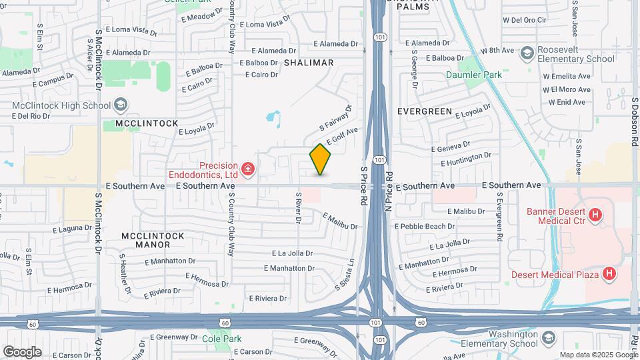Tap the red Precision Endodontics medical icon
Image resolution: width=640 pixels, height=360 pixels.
[249, 169]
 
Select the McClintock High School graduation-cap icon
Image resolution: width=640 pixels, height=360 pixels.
[121, 105]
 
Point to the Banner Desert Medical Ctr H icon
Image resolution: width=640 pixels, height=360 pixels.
[595, 215]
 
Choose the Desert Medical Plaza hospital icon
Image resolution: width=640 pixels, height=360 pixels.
[608, 274]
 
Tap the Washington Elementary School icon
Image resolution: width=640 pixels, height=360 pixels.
[547, 339]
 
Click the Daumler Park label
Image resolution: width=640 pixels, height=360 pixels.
[474, 75]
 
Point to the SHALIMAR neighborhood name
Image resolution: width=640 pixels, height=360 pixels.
[308, 63]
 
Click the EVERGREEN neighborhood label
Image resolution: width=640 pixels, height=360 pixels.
[425, 111]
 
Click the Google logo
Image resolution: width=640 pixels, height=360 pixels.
[22, 351]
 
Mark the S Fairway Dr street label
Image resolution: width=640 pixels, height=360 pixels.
[335, 117]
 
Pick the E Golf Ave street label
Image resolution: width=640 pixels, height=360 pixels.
[343, 137]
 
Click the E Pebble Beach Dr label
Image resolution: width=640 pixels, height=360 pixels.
[425, 227]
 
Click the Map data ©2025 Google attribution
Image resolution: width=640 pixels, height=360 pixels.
[597, 355]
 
